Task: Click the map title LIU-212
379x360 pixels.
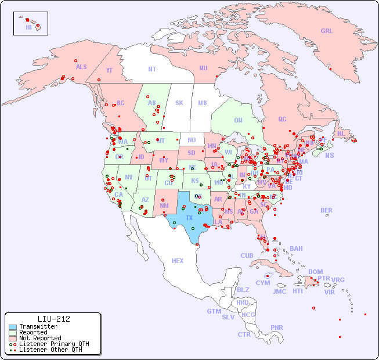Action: click(53, 319)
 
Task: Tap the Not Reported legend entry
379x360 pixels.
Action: click(39, 338)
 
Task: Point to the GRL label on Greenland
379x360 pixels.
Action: click(327, 31)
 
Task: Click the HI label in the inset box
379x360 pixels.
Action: click(28, 27)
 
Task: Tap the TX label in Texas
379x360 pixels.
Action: click(189, 218)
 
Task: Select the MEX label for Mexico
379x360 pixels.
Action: click(177, 261)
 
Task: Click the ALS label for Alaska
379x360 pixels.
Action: click(81, 67)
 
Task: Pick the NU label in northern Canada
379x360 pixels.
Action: click(203, 68)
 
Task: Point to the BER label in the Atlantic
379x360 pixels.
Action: click(326, 210)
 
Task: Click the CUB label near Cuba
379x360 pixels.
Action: click(247, 255)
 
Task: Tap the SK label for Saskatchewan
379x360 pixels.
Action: click(179, 103)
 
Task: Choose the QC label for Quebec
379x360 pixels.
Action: click(282, 120)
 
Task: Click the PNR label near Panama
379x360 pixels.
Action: click(277, 327)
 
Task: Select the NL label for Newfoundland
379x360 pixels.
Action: click(341, 134)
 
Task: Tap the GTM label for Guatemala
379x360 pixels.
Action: click(214, 311)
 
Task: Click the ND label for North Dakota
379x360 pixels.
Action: click(192, 140)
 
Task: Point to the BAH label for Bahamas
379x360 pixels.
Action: click(296, 249)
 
